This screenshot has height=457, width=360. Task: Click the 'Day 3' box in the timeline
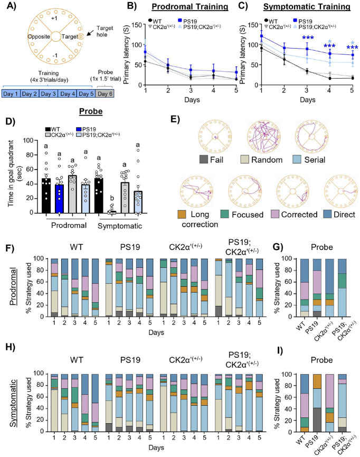coord(49,94)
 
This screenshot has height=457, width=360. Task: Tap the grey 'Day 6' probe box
coord(105,94)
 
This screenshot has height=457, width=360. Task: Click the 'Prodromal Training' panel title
coord(190,7)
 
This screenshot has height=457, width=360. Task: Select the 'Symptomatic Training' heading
coord(307,7)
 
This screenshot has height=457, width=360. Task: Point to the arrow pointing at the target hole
coord(91,31)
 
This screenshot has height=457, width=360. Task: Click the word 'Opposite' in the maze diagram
coord(39,37)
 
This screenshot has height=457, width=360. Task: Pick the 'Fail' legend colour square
coord(204,160)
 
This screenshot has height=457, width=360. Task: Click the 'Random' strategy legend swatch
coord(244,160)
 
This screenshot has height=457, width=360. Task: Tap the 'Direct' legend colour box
coord(328,214)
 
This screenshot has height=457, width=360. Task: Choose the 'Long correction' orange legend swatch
coord(182,214)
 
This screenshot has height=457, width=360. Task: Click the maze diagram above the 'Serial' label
coord(311,136)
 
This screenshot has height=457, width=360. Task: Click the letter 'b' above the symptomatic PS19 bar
coord(112,199)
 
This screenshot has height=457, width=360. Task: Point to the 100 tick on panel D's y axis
coord(29,141)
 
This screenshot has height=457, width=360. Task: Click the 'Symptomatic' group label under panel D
coord(120,226)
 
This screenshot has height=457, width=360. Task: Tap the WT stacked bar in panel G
coord(301,287)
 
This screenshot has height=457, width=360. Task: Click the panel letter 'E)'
coord(175,119)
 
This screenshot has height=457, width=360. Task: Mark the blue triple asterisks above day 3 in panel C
coord(308,38)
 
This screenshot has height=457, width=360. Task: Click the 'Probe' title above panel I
coord(321,360)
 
